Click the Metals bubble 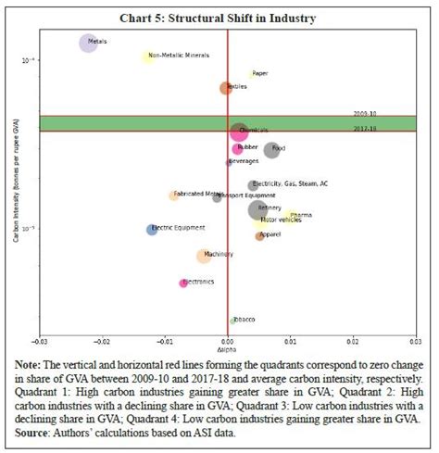click(88, 42)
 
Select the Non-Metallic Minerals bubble click(146, 57)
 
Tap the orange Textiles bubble click(226, 88)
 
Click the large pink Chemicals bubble click(239, 132)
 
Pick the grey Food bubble click(271, 150)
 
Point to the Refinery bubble click(259, 209)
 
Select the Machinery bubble click(204, 256)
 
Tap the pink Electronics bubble click(183, 283)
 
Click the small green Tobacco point click(232, 321)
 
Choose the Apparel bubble click(260, 236)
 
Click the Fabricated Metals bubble click(173, 195)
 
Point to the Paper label click(260, 73)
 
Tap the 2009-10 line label click(364, 113)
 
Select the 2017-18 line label click(364, 129)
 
